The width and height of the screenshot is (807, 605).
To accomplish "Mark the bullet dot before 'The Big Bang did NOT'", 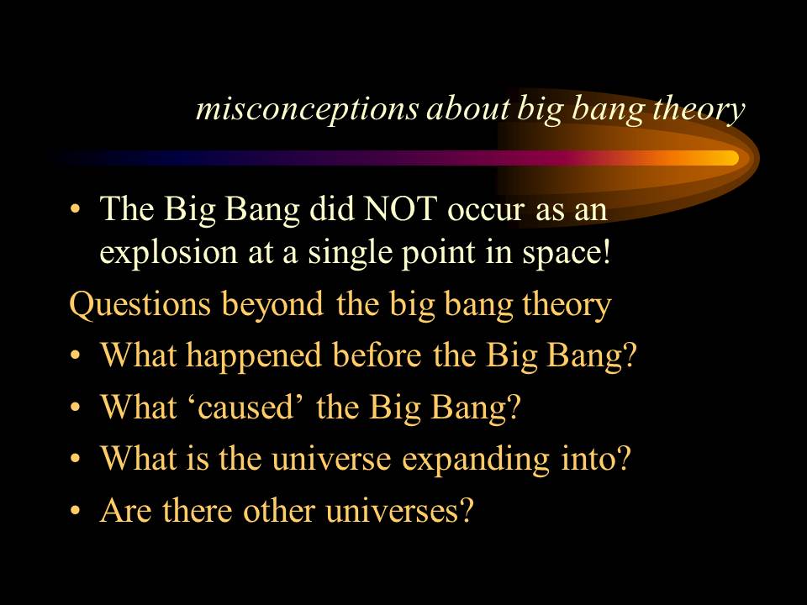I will coord(76,211).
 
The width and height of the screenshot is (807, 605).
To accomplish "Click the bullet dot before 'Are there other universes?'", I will coord(76,513).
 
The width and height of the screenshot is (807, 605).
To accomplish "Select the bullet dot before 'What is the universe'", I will coord(76,460).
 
